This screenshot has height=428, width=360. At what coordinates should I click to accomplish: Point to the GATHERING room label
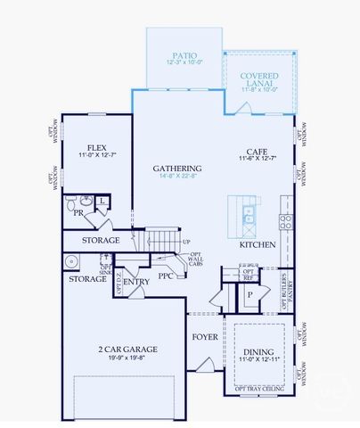pos(176,169)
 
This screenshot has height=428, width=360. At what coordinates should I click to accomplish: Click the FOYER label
pos(205,337)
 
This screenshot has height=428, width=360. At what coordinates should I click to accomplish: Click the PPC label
pos(166,276)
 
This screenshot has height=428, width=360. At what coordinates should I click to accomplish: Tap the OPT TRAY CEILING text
pos(258,388)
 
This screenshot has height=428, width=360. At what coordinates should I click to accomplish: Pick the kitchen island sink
pos(249,215)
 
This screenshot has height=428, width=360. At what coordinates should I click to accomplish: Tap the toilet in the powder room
pos(86,202)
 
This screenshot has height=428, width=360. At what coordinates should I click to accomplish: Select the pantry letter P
pos(250,293)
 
